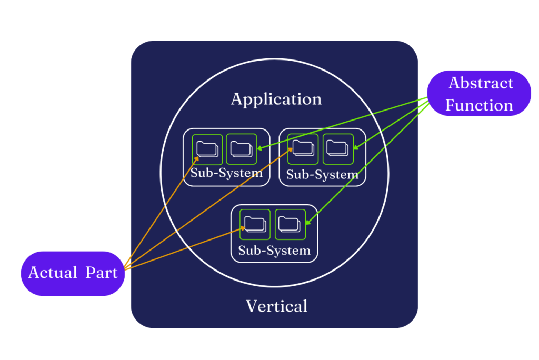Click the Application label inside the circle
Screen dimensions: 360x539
pyautogui.click(x=276, y=99)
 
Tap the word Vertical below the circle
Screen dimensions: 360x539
pyautogui.click(x=276, y=306)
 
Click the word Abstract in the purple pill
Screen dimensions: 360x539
pyautogui.click(x=481, y=83)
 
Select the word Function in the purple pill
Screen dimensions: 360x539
pyautogui.click(x=479, y=105)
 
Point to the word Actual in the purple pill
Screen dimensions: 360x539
pyautogui.click(x=53, y=273)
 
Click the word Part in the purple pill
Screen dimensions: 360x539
pyautogui.click(x=103, y=273)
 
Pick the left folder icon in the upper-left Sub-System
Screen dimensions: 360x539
pyautogui.click(x=207, y=149)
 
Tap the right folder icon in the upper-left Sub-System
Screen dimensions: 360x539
pyautogui.click(x=241, y=149)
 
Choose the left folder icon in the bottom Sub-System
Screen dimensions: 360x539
pyautogui.click(x=255, y=225)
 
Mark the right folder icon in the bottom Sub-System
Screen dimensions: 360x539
pyautogui.click(x=290, y=225)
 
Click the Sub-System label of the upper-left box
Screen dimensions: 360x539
pyautogui.click(x=226, y=173)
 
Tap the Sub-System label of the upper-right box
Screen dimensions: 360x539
pyautogui.click(x=322, y=175)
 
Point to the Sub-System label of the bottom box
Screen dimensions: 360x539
pyautogui.click(x=274, y=251)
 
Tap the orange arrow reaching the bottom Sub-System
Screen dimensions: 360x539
pyautogui.click(x=184, y=247)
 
